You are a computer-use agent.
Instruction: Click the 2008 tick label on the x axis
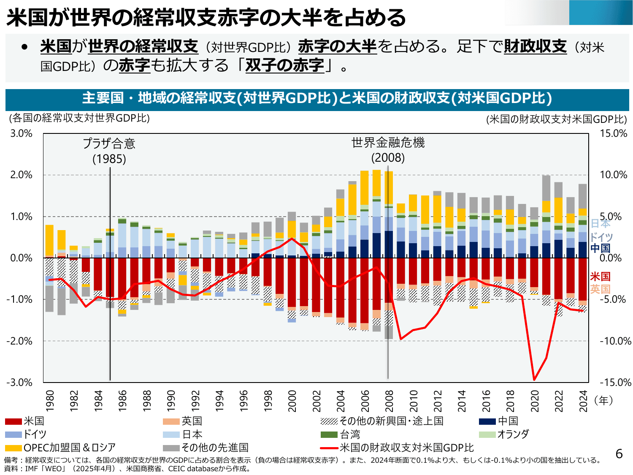pos(389,401)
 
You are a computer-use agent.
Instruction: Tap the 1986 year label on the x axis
pos(122,401)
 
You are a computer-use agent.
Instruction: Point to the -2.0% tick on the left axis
pos(19,341)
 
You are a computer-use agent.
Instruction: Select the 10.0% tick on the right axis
pos(614,175)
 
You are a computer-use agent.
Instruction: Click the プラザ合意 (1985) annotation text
pos(109,151)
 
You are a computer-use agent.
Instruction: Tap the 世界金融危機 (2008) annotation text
pos(388,150)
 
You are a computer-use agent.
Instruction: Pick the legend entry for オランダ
pos(504,434)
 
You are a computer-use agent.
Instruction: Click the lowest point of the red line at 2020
pos(534,380)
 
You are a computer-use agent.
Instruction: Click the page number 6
pos(619,454)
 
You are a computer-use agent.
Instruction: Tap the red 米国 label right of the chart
pos(600,277)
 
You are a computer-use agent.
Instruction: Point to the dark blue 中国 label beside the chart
pos(600,248)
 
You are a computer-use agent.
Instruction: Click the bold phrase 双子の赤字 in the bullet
pos(284,65)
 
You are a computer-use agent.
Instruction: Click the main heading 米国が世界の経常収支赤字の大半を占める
pos(206,18)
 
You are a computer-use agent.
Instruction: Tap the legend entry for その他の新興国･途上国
pos(382,421)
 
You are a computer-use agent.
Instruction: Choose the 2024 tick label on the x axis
pos(583,401)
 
